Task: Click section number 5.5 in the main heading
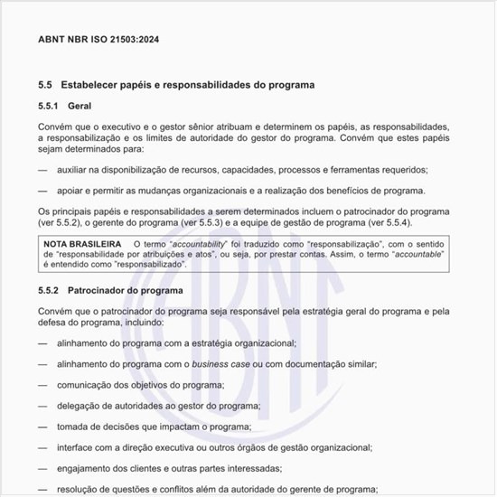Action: (45, 85)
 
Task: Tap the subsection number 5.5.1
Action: (50, 107)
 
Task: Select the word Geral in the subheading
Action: (80, 107)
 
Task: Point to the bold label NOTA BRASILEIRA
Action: (82, 244)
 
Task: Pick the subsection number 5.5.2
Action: (50, 291)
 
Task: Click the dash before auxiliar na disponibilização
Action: (42, 170)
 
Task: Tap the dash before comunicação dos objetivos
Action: (42, 384)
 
